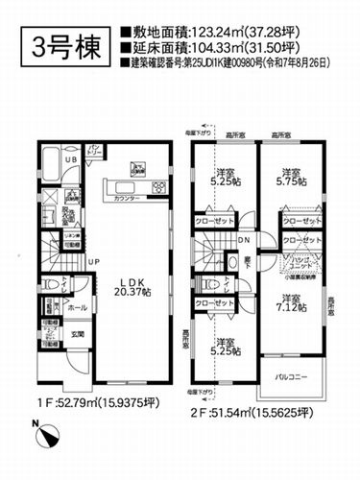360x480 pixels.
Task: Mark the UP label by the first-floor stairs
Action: [92, 261]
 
